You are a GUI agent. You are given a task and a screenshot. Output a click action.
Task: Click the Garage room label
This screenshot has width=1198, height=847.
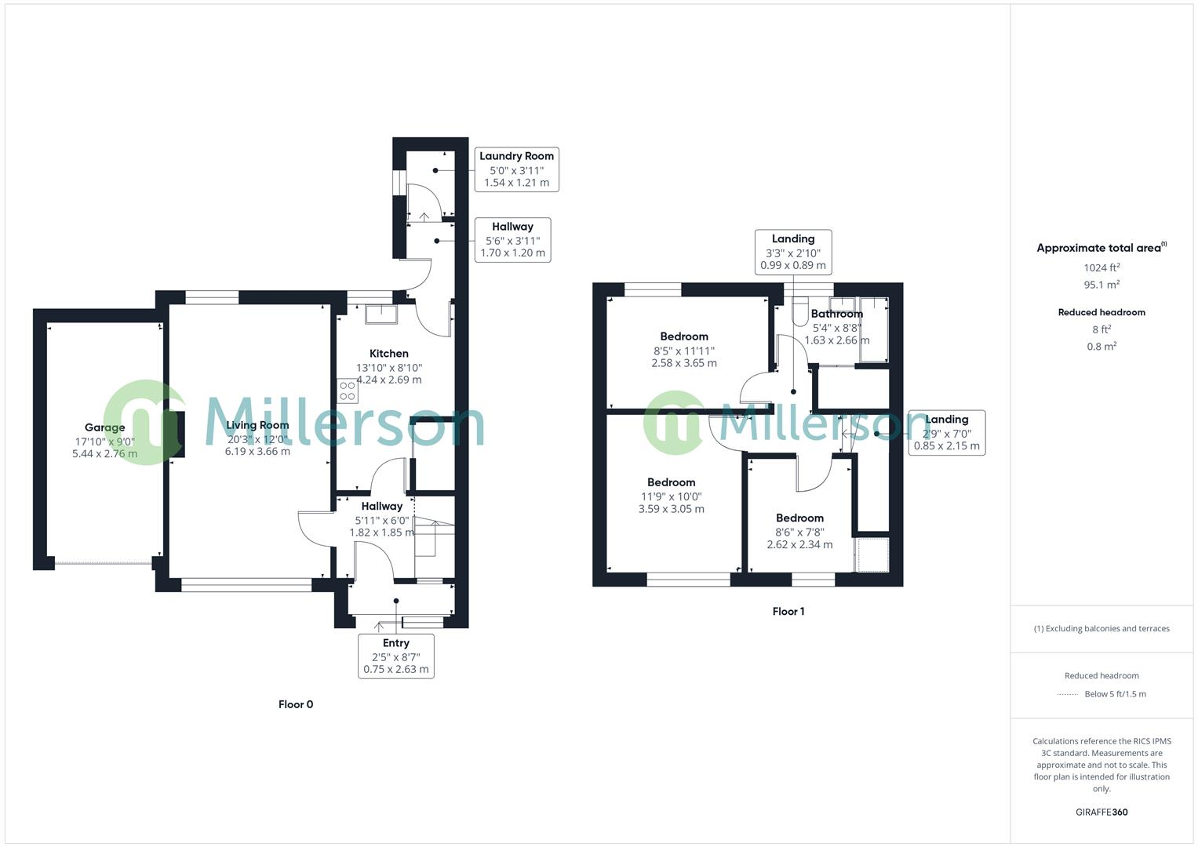point(104,427)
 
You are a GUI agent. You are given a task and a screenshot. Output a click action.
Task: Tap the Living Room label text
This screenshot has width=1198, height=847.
point(257,425)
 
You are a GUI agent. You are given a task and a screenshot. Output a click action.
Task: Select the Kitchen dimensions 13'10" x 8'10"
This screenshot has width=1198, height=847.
point(389,367)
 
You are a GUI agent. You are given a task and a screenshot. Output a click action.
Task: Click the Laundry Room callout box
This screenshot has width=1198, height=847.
point(516,169)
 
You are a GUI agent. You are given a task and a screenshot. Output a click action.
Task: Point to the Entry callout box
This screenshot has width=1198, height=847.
point(396,656)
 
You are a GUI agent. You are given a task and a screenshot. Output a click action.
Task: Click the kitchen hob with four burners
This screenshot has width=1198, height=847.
point(348,391)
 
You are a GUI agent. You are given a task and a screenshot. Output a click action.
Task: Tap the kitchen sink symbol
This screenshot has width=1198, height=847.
point(381,314)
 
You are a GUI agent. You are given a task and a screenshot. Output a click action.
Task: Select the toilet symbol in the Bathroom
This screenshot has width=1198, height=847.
point(799,312)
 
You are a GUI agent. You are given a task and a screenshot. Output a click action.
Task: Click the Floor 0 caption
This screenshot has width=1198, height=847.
point(296,704)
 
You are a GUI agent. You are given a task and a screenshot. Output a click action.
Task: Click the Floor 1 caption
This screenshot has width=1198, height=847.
point(788,612)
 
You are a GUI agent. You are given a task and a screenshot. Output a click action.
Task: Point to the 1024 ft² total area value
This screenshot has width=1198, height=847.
point(1102,267)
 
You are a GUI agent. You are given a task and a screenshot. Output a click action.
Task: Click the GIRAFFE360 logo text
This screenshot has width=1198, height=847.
point(1102,812)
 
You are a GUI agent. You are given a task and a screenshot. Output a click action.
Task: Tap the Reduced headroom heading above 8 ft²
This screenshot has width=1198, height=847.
point(1102,312)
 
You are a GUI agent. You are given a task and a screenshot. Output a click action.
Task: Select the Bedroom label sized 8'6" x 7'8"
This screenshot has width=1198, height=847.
point(799,518)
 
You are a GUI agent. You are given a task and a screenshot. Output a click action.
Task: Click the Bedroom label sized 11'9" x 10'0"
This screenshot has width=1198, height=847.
point(671,482)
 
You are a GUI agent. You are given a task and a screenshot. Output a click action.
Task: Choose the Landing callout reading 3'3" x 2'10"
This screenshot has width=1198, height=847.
point(793,252)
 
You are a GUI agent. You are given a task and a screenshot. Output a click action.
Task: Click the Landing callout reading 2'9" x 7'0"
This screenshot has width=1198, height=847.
point(946,432)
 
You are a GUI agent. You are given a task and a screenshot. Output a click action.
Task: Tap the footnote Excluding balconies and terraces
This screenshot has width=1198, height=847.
point(1102,628)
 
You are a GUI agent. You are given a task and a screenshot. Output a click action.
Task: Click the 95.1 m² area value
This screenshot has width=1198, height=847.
point(1102,285)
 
